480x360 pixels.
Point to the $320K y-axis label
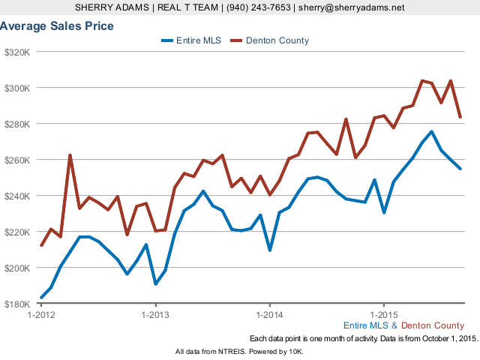pyautogui.click(x=16, y=52)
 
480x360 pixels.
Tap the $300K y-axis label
pyautogui.click(x=16, y=88)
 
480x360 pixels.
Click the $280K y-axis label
pyautogui.click(x=16, y=124)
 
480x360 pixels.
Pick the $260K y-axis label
pyautogui.click(x=16, y=160)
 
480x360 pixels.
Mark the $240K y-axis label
pyautogui.click(x=16, y=196)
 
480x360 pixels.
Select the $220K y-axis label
pyautogui.click(x=16, y=232)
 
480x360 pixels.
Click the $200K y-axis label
pyautogui.click(x=16, y=268)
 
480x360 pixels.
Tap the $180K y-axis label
pyautogui.click(x=16, y=304)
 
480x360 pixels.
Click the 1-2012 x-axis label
pyautogui.click(x=41, y=314)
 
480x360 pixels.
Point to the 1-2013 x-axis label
pyautogui.click(x=155, y=314)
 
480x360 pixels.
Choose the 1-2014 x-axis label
pyautogui.click(x=269, y=314)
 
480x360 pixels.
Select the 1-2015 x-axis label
pyautogui.click(x=383, y=314)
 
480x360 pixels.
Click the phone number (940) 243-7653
pyautogui.click(x=257, y=7)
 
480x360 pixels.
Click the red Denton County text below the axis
pyautogui.click(x=433, y=325)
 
